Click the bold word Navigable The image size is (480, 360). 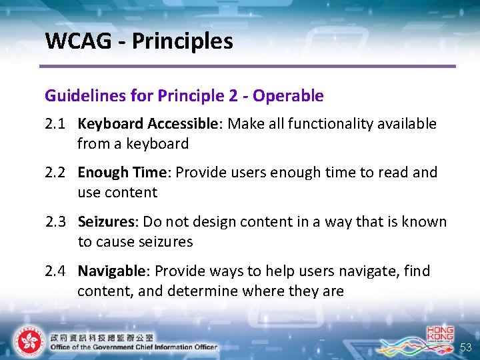click(111, 271)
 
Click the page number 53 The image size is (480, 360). click(466, 348)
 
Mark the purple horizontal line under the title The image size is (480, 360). click(247, 66)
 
